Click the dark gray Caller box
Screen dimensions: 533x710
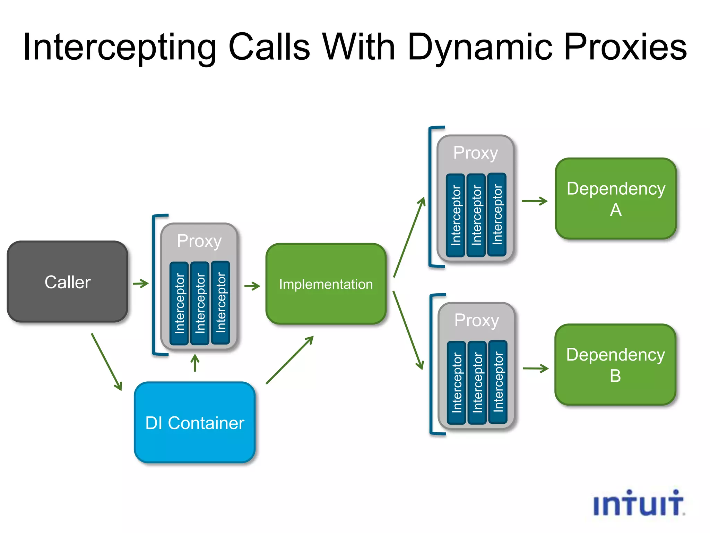68,282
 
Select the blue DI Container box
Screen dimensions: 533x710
195,422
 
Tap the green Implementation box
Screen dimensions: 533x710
326,284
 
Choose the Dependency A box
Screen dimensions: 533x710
616,199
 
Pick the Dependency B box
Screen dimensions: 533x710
615,365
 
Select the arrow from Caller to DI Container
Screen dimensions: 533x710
107,362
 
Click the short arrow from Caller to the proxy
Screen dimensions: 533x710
141,284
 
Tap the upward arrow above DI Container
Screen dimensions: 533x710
195,363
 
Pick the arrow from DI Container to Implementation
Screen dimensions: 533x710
290,360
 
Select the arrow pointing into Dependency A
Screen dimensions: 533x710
534,201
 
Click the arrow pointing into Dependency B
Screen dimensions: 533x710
535,369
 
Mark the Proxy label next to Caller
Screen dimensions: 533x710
199,240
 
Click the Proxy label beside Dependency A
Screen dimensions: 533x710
475,153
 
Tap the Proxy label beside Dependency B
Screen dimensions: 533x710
477,320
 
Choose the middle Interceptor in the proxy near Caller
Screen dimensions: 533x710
200,303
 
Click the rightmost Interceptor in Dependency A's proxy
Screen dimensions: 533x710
497,215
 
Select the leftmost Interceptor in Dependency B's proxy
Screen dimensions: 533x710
457,382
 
